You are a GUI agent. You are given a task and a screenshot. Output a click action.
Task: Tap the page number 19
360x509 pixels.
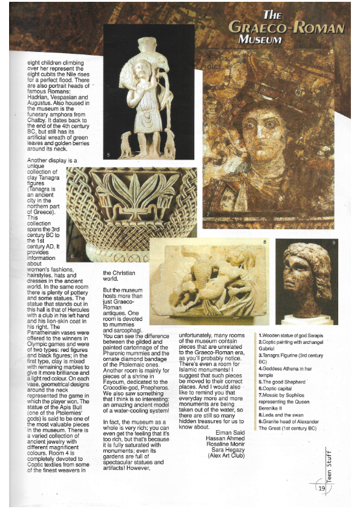coord(321,488)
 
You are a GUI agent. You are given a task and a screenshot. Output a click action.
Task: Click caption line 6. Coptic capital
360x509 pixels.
coord(279,389)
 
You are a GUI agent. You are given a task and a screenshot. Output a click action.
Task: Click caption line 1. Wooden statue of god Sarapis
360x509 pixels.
coord(290,335)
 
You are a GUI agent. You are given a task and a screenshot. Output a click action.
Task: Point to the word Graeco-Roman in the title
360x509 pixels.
coord(287,27)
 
